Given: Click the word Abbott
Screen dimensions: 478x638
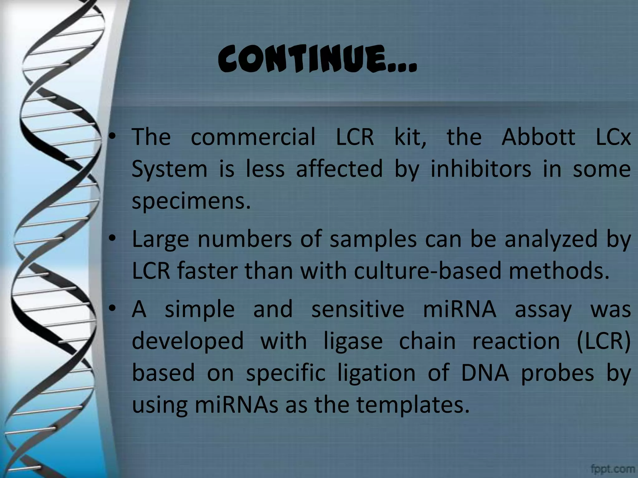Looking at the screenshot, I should point(538,137).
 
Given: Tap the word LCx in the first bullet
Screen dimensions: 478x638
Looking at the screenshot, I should point(613,137).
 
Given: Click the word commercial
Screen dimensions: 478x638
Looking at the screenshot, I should point(253,137).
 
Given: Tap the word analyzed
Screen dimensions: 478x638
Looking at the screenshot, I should point(551,240).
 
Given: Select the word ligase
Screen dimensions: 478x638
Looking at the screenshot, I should point(353,341).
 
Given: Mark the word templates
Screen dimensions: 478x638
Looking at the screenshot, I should point(413,405).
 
